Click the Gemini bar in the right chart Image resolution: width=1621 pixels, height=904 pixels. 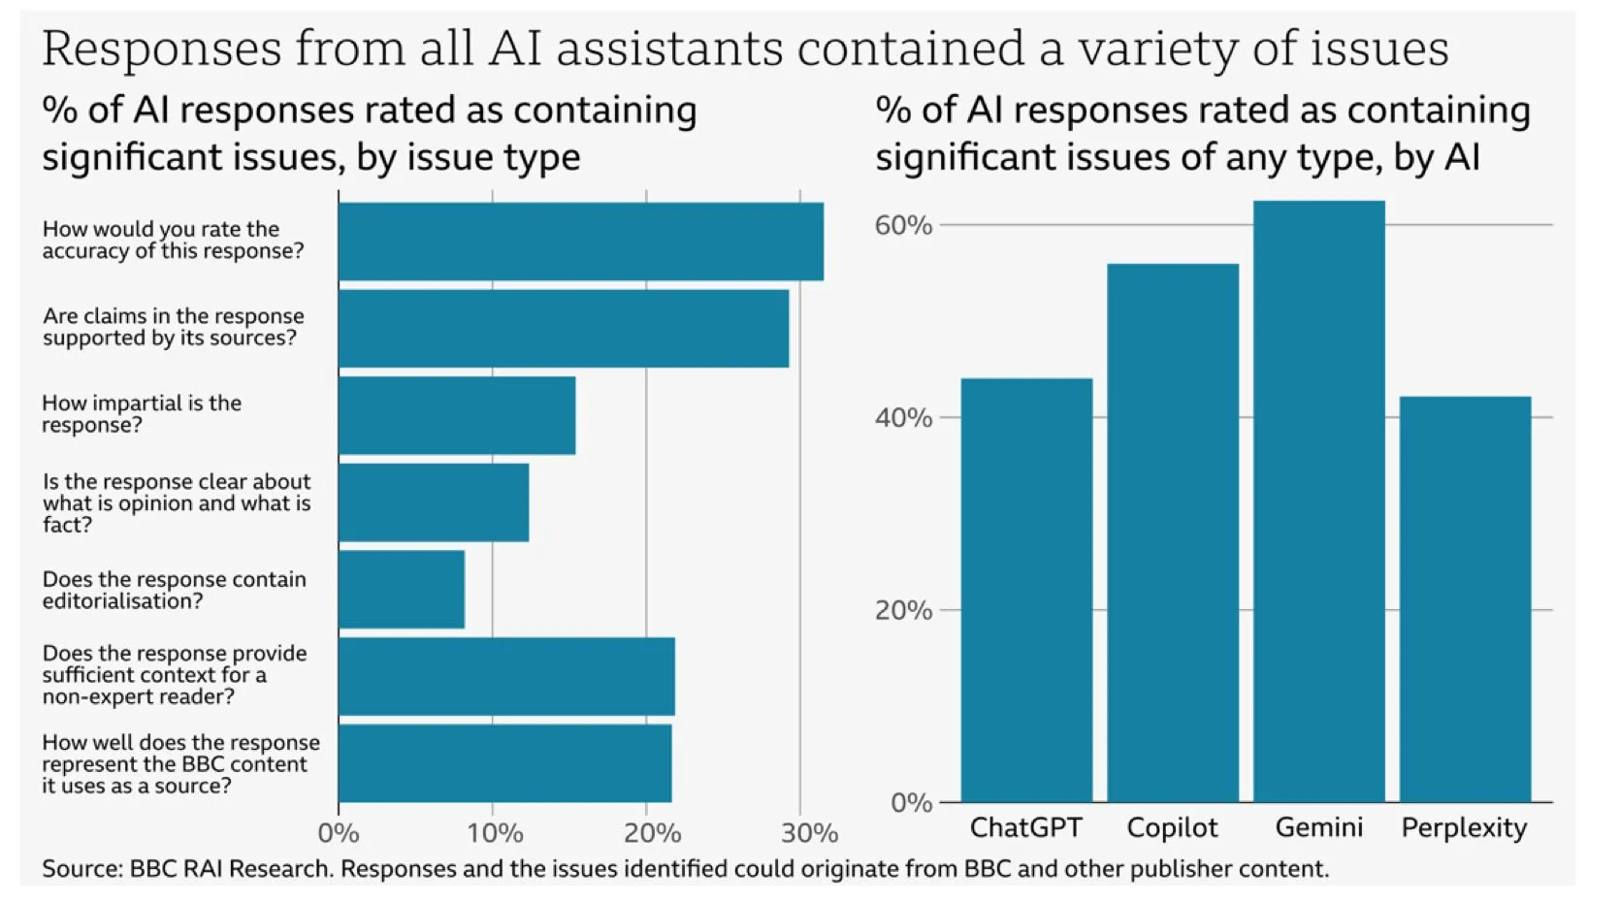point(1318,500)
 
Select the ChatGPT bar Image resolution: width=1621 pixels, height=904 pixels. point(1026,590)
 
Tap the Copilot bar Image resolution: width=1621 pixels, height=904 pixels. point(1172,533)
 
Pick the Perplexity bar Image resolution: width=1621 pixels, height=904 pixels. point(1465,598)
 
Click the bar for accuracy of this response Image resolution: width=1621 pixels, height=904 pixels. point(580,242)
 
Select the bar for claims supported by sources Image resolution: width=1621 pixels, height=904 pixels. point(563,328)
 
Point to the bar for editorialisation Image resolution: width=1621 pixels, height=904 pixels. point(402,589)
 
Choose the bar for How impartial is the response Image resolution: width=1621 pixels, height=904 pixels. point(457,415)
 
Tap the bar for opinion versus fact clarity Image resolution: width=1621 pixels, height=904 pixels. point(434,502)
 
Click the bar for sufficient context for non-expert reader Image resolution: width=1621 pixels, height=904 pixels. point(506,676)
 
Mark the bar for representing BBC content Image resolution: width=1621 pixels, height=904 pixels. point(504,763)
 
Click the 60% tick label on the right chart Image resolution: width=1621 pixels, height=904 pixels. point(902,225)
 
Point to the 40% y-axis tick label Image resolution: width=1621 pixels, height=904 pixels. point(902,418)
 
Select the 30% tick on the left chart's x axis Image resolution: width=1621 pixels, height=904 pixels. point(808,833)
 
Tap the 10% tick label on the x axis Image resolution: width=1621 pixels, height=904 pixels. point(495,833)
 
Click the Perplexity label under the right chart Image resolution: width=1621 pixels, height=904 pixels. point(1464,827)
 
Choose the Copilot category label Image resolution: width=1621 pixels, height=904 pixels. point(1172,827)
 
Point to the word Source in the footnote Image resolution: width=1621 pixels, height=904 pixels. point(81,868)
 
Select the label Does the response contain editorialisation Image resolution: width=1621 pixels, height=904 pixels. point(175,590)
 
